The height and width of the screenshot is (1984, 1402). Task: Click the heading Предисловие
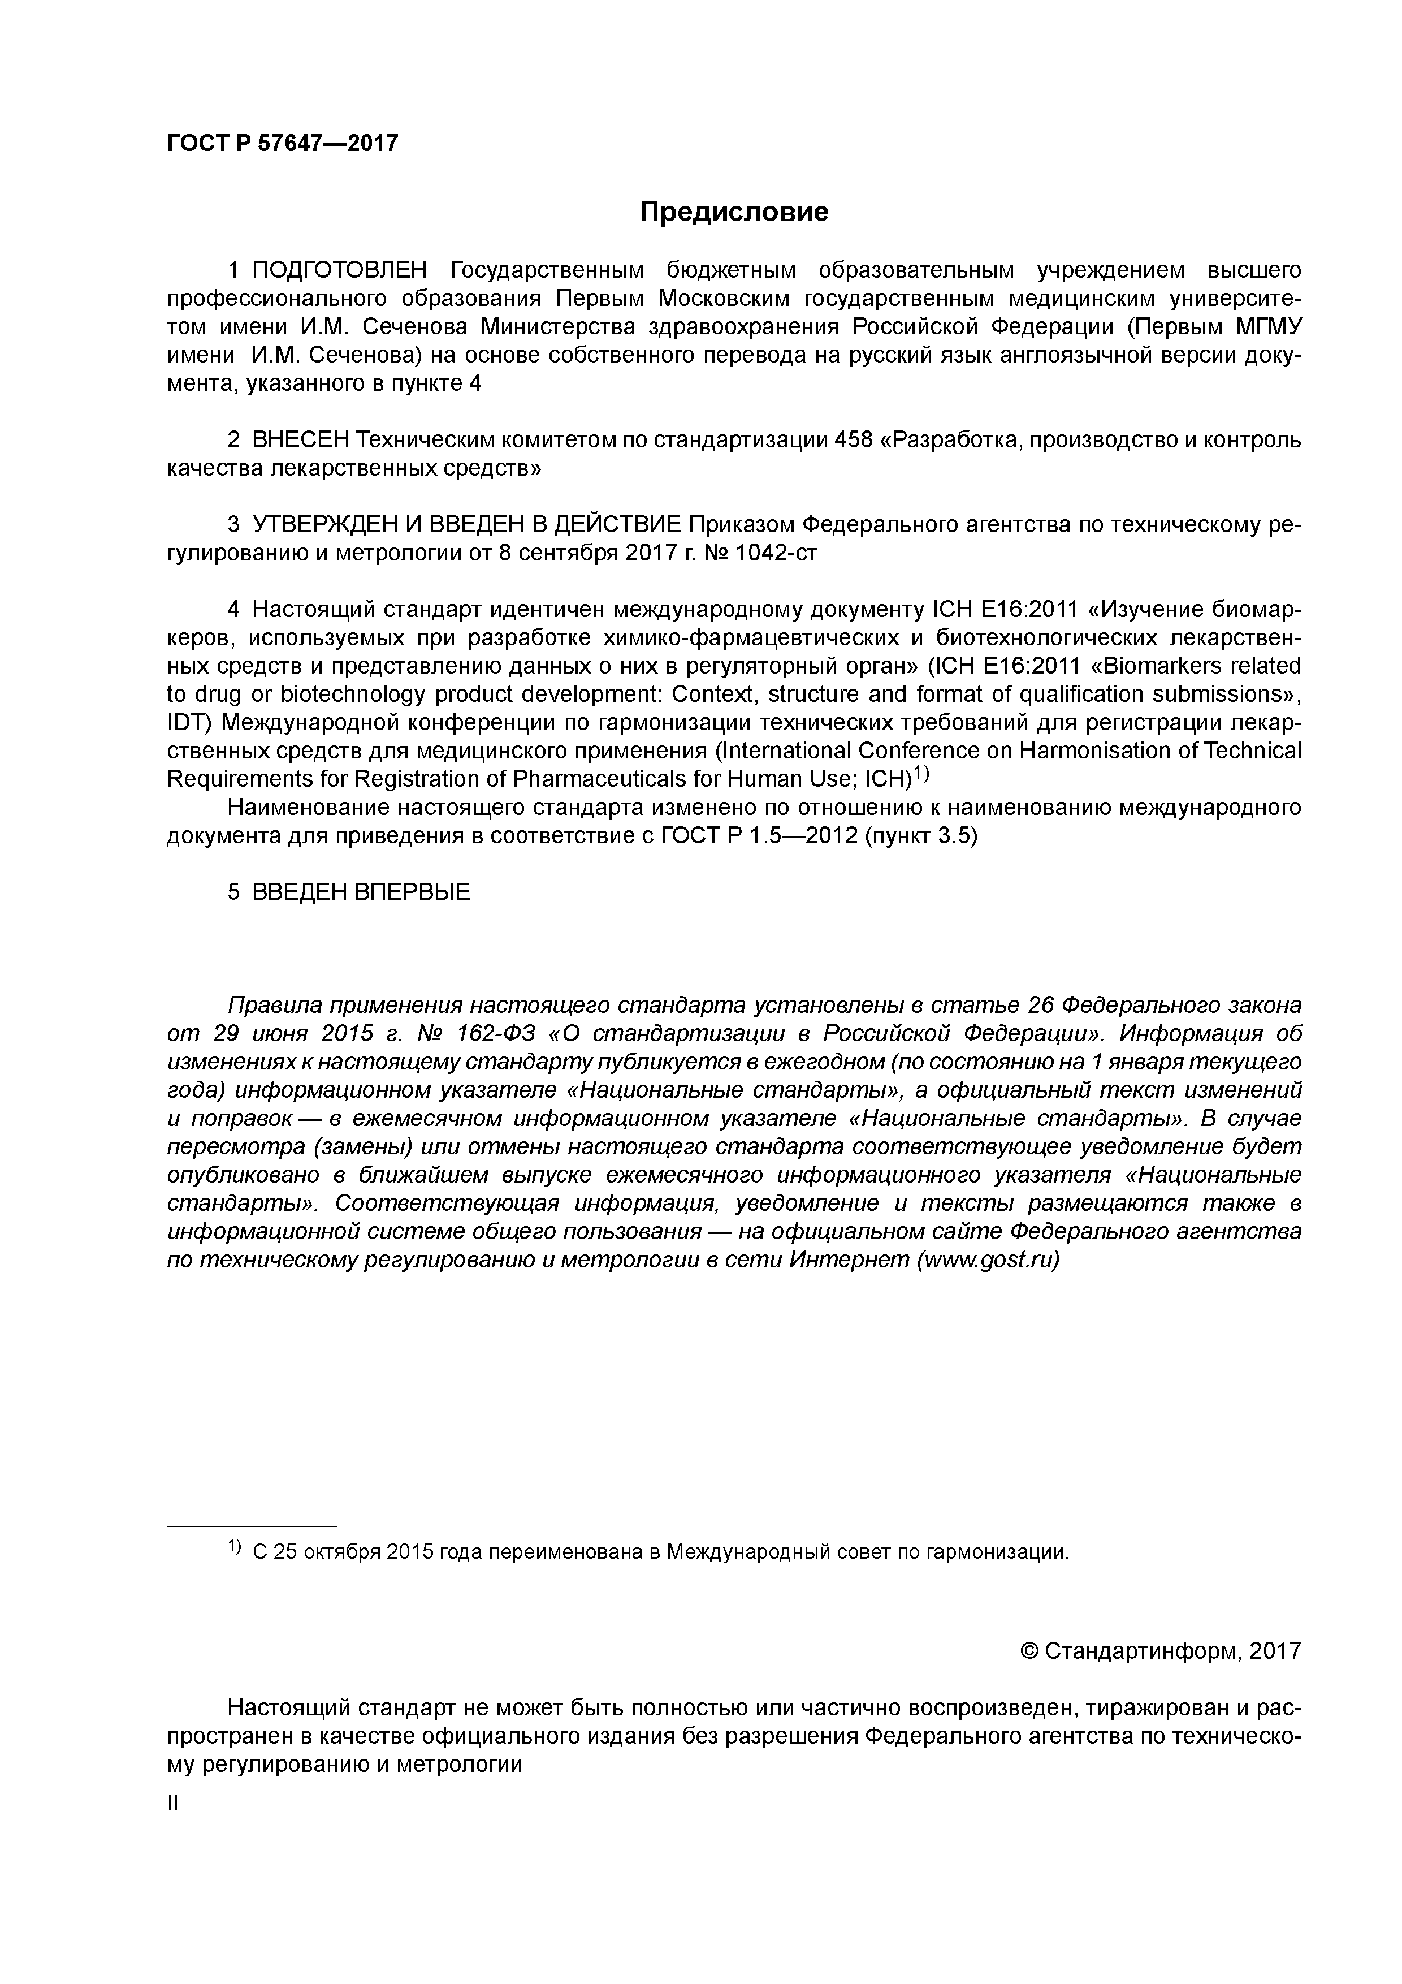733,212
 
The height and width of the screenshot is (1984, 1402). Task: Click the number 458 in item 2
852,440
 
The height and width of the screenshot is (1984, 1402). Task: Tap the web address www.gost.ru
988,1260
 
